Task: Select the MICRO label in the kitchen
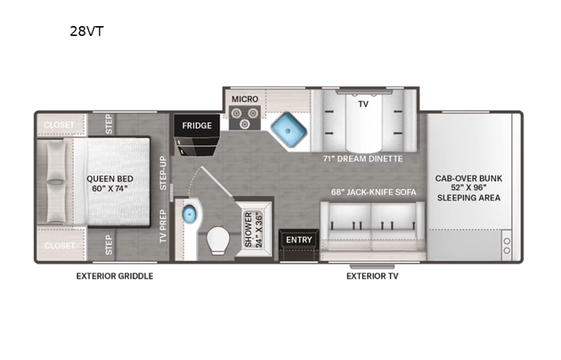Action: click(x=244, y=99)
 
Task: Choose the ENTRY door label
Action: click(x=299, y=239)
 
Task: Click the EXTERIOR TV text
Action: click(x=371, y=276)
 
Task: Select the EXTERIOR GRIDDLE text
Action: click(x=114, y=276)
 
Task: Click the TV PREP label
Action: click(x=163, y=225)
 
